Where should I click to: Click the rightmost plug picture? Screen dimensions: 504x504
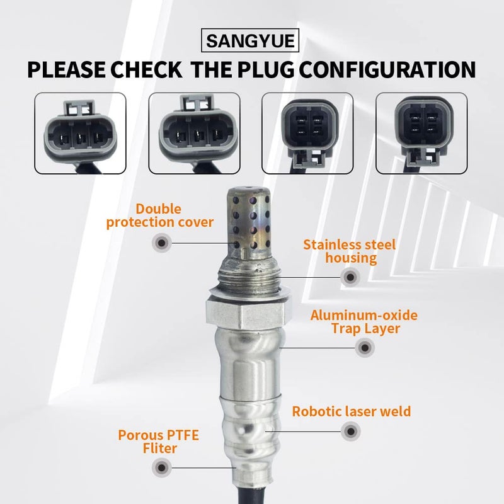421,133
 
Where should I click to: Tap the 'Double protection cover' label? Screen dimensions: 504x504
160,215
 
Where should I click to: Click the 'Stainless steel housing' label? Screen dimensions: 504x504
349,250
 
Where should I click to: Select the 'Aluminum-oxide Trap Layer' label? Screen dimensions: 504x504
364,321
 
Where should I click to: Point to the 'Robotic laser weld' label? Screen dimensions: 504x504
351,411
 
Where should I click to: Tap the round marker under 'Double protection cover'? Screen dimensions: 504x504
162,242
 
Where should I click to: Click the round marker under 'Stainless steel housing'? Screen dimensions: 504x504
350,276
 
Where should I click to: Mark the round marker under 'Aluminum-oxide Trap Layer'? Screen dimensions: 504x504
363,347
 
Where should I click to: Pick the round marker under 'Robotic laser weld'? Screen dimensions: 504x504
350,432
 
